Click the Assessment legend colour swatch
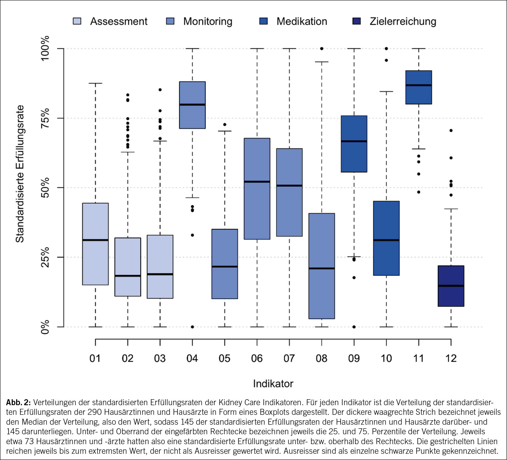click(x=77, y=21)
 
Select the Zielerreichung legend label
click(x=403, y=21)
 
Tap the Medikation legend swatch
click(x=263, y=21)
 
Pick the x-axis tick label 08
click(x=322, y=358)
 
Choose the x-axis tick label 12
click(x=451, y=358)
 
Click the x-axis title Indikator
click(x=273, y=384)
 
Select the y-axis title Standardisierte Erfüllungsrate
click(x=20, y=174)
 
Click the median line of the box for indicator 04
click(x=192, y=105)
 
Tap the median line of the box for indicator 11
click(x=419, y=85)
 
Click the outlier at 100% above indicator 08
click(x=322, y=49)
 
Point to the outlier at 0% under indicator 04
click(x=192, y=327)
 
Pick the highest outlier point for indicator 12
click(x=451, y=130)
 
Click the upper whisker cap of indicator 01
click(x=95, y=83)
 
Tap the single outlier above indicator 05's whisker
click(x=225, y=124)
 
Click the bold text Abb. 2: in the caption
click(x=18, y=402)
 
